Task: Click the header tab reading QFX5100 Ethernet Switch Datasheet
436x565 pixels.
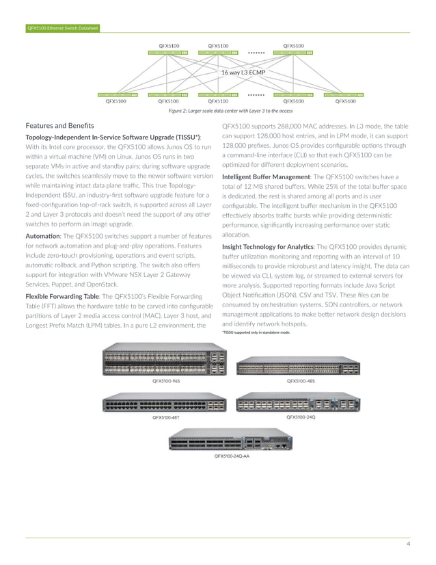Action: click(x=62, y=28)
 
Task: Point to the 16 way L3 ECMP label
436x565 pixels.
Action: click(x=242, y=72)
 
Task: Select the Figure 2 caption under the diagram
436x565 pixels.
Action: click(x=230, y=110)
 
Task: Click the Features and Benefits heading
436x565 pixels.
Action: click(x=60, y=126)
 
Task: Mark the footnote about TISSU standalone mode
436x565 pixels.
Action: click(x=256, y=332)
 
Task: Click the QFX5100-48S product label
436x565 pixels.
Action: click(x=301, y=380)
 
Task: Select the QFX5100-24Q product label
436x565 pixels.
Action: click(x=301, y=416)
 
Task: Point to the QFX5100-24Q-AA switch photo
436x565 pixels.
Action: click(x=231, y=441)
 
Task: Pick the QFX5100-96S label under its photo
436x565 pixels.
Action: click(x=166, y=380)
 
